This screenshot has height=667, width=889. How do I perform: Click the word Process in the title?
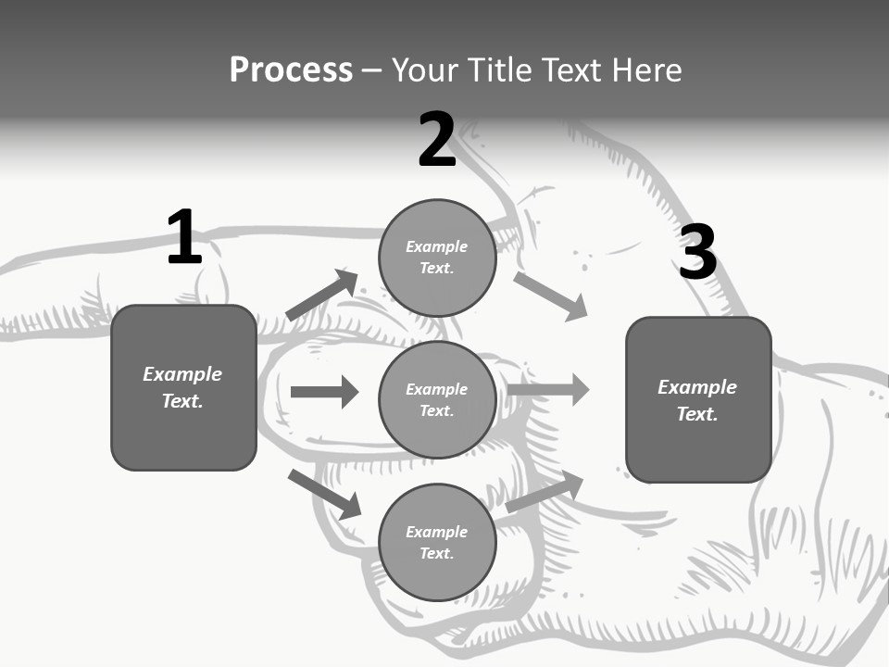pyautogui.click(x=291, y=70)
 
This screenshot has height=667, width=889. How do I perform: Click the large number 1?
pyautogui.click(x=184, y=238)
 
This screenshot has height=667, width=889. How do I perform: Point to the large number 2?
pyautogui.click(x=437, y=141)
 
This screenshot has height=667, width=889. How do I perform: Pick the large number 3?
pyautogui.click(x=697, y=253)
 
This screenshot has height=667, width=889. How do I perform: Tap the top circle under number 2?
pyautogui.click(x=437, y=258)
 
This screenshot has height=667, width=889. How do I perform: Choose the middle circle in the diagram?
pyautogui.click(x=437, y=399)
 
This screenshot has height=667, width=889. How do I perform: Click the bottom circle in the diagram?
pyautogui.click(x=437, y=542)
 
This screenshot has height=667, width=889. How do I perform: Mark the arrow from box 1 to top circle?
pyautogui.click(x=321, y=296)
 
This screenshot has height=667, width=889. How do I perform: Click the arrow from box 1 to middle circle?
pyautogui.click(x=324, y=392)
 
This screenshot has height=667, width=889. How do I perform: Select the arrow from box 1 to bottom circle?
pyautogui.click(x=324, y=494)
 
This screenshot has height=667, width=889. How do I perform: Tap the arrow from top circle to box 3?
pyautogui.click(x=550, y=296)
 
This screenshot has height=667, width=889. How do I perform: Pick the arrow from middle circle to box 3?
pyautogui.click(x=547, y=389)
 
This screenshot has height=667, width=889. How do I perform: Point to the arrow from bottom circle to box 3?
pyautogui.click(x=545, y=492)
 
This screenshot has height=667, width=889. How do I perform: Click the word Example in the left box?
pyautogui.click(x=182, y=374)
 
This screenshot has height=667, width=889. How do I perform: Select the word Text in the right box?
pyautogui.click(x=695, y=414)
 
